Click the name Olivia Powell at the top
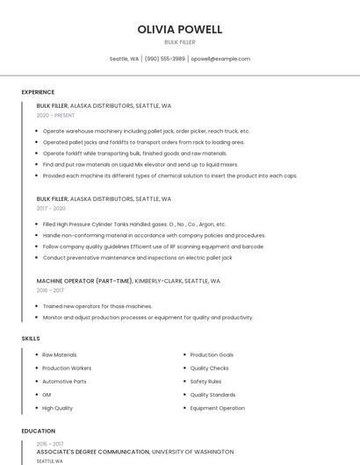180,30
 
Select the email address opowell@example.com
220,59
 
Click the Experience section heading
38,92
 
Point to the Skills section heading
30,338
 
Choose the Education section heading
39,431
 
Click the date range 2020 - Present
55,115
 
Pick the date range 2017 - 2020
51,208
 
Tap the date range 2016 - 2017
50,290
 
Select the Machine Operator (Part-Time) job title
84,281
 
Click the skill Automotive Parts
64,382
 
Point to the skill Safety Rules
205,382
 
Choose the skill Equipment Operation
217,408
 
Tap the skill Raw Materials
60,354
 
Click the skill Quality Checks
209,368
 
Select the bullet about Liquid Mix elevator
140,164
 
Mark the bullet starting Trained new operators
97,306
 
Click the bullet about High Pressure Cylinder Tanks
134,224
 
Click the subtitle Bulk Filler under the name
180,42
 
